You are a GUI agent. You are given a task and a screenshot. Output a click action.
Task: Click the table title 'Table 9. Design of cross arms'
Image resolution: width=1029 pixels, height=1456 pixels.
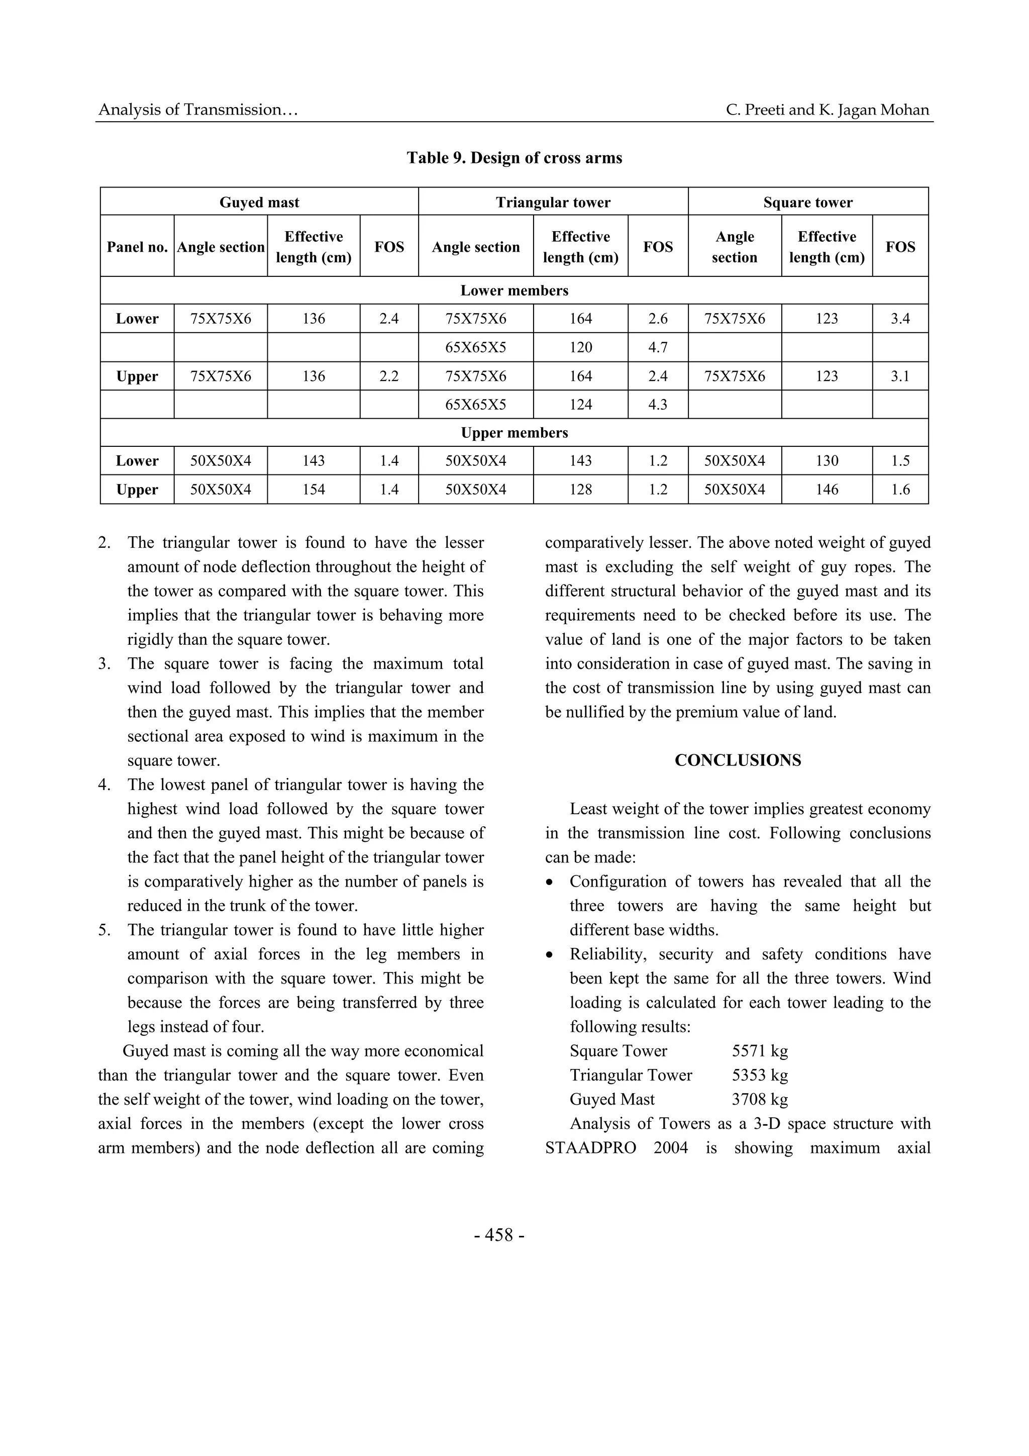514,158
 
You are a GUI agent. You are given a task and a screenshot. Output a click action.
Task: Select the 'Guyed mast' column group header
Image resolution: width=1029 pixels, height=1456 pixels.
259,203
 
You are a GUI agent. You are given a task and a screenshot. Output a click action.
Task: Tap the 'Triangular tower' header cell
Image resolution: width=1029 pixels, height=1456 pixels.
553,203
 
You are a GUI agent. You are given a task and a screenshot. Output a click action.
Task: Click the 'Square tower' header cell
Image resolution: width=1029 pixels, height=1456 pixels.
808,203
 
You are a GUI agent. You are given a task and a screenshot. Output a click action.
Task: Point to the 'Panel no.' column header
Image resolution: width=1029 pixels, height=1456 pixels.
137,247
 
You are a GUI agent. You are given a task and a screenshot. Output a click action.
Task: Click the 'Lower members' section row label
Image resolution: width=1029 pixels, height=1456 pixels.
514,290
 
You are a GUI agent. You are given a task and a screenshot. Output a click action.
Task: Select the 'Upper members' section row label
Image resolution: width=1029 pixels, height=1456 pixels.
514,433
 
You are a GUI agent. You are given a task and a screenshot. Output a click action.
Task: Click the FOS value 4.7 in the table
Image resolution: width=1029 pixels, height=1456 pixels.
658,347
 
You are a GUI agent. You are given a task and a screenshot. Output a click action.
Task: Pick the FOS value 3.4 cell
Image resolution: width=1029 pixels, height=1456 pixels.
900,319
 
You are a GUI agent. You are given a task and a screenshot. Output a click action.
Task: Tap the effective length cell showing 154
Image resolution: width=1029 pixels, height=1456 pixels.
314,490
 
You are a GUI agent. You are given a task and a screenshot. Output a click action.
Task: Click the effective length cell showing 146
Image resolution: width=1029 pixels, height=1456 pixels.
827,490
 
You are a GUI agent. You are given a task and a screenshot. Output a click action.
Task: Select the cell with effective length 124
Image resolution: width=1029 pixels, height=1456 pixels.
581,405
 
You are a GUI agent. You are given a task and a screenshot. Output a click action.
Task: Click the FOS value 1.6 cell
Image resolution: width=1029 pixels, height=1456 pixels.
900,490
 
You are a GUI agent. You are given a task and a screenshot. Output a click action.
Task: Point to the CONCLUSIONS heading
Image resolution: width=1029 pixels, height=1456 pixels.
738,760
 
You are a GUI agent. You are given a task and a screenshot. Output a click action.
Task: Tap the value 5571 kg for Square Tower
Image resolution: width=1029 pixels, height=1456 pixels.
760,1051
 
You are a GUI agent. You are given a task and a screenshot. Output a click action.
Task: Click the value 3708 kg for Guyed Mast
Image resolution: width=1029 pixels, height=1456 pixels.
760,1099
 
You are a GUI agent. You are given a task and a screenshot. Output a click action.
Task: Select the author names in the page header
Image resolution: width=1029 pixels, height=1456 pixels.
828,110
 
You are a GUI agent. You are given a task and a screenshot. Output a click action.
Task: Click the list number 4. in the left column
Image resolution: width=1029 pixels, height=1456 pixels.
105,785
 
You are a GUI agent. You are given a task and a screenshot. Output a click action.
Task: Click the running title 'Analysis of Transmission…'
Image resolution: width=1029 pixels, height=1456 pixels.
198,110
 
